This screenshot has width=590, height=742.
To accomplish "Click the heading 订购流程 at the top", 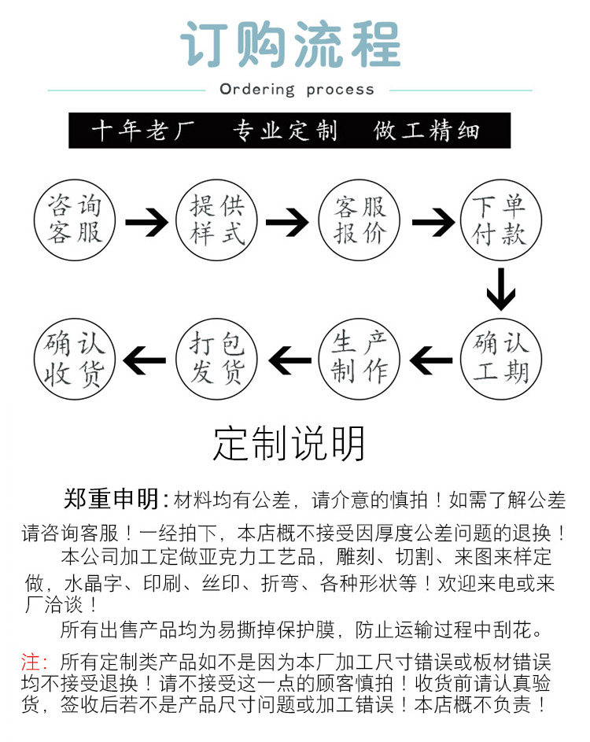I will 290,45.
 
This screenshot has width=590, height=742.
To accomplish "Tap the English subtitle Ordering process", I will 297,89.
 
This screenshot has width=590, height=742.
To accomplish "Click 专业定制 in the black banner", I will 285,131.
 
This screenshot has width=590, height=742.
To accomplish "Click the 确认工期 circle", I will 501,358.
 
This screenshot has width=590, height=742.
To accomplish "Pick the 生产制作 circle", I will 360,358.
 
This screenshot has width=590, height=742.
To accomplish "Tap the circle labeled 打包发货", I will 216,358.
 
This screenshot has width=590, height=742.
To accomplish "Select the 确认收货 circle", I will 75,358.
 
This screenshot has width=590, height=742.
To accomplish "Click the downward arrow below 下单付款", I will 500,290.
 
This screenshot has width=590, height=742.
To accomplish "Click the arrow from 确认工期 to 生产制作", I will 431,361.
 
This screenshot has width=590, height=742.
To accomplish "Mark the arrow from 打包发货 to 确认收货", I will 146,361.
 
